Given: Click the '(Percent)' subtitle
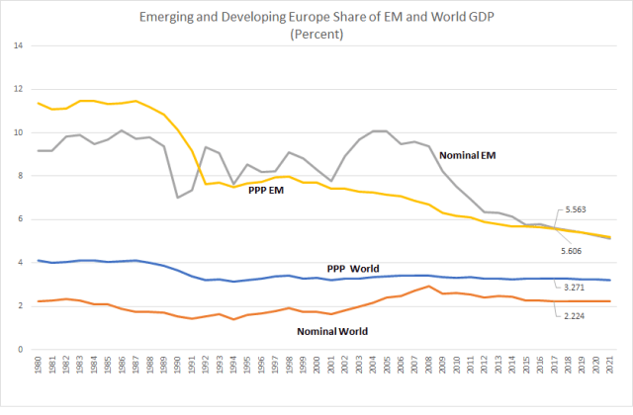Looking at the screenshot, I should (316, 33).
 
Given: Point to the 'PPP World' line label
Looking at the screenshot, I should (354, 269).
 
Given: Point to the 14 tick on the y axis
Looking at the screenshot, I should (19, 45).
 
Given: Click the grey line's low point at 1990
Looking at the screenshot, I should (178, 198).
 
